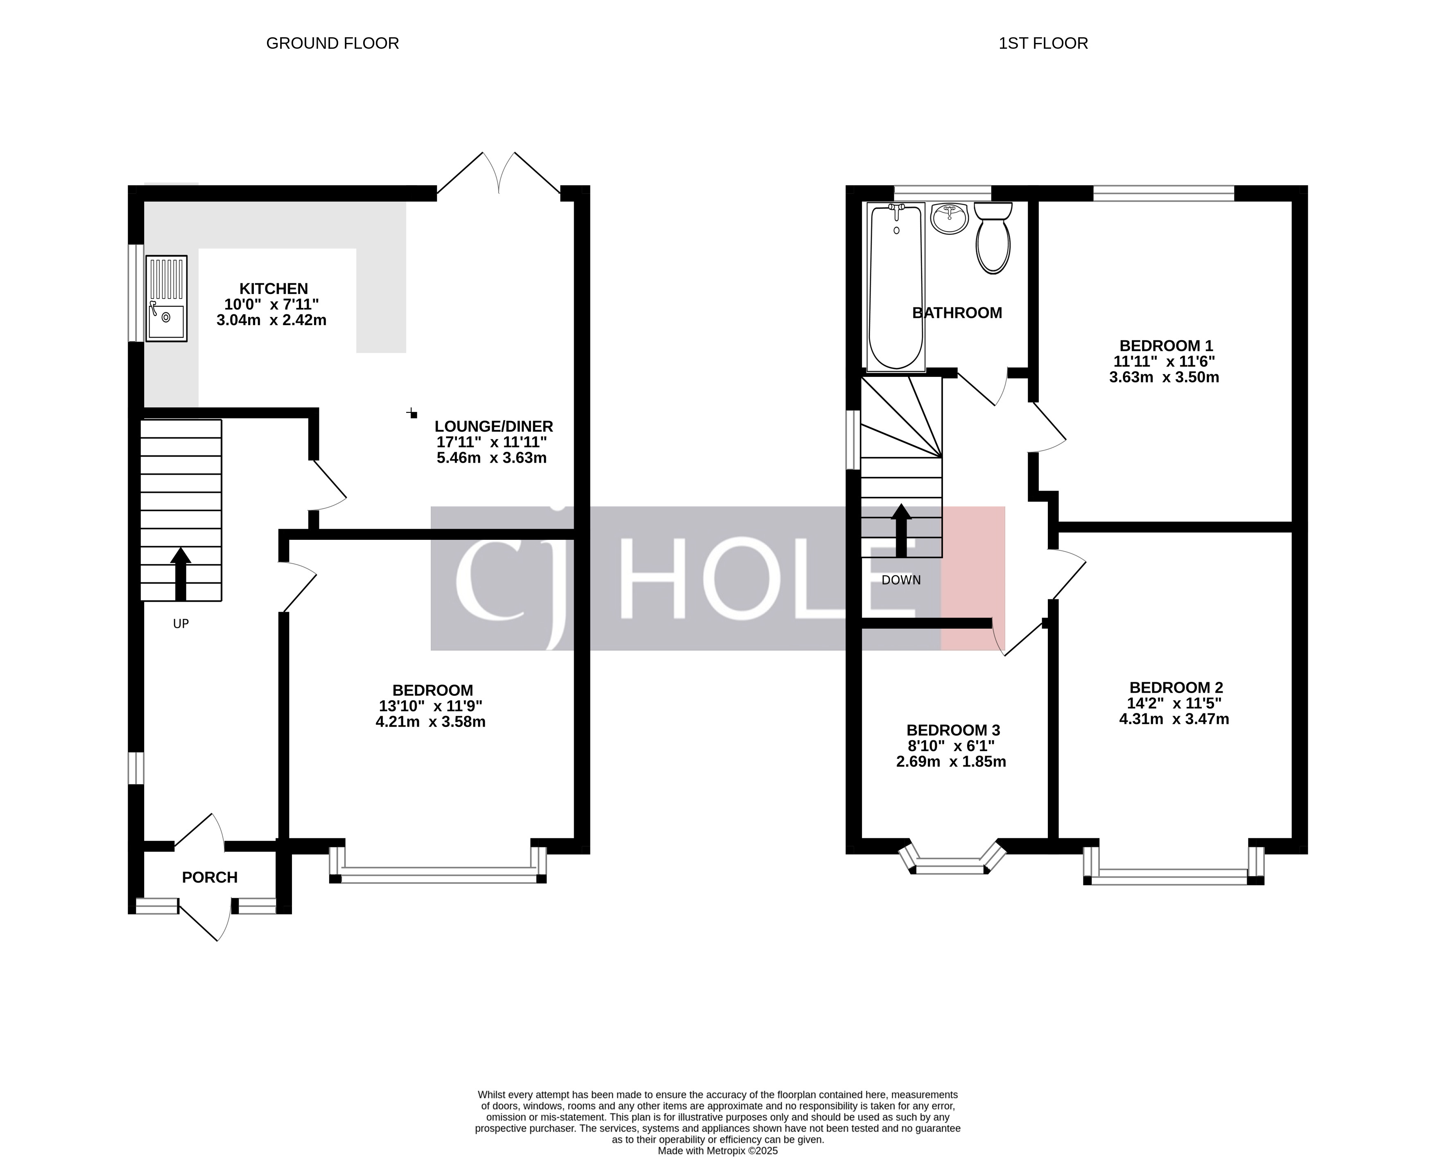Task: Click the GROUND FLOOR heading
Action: pyautogui.click(x=332, y=43)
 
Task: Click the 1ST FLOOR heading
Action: pyautogui.click(x=1043, y=43)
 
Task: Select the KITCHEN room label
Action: pyautogui.click(x=273, y=289)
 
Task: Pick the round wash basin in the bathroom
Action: pyautogui.click(x=949, y=219)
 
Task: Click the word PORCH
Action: pyautogui.click(x=210, y=877)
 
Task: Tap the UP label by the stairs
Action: pyautogui.click(x=181, y=624)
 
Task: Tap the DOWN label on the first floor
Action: pyautogui.click(x=901, y=580)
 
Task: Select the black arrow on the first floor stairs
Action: pyautogui.click(x=901, y=530)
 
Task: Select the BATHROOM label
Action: pyautogui.click(x=957, y=312)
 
